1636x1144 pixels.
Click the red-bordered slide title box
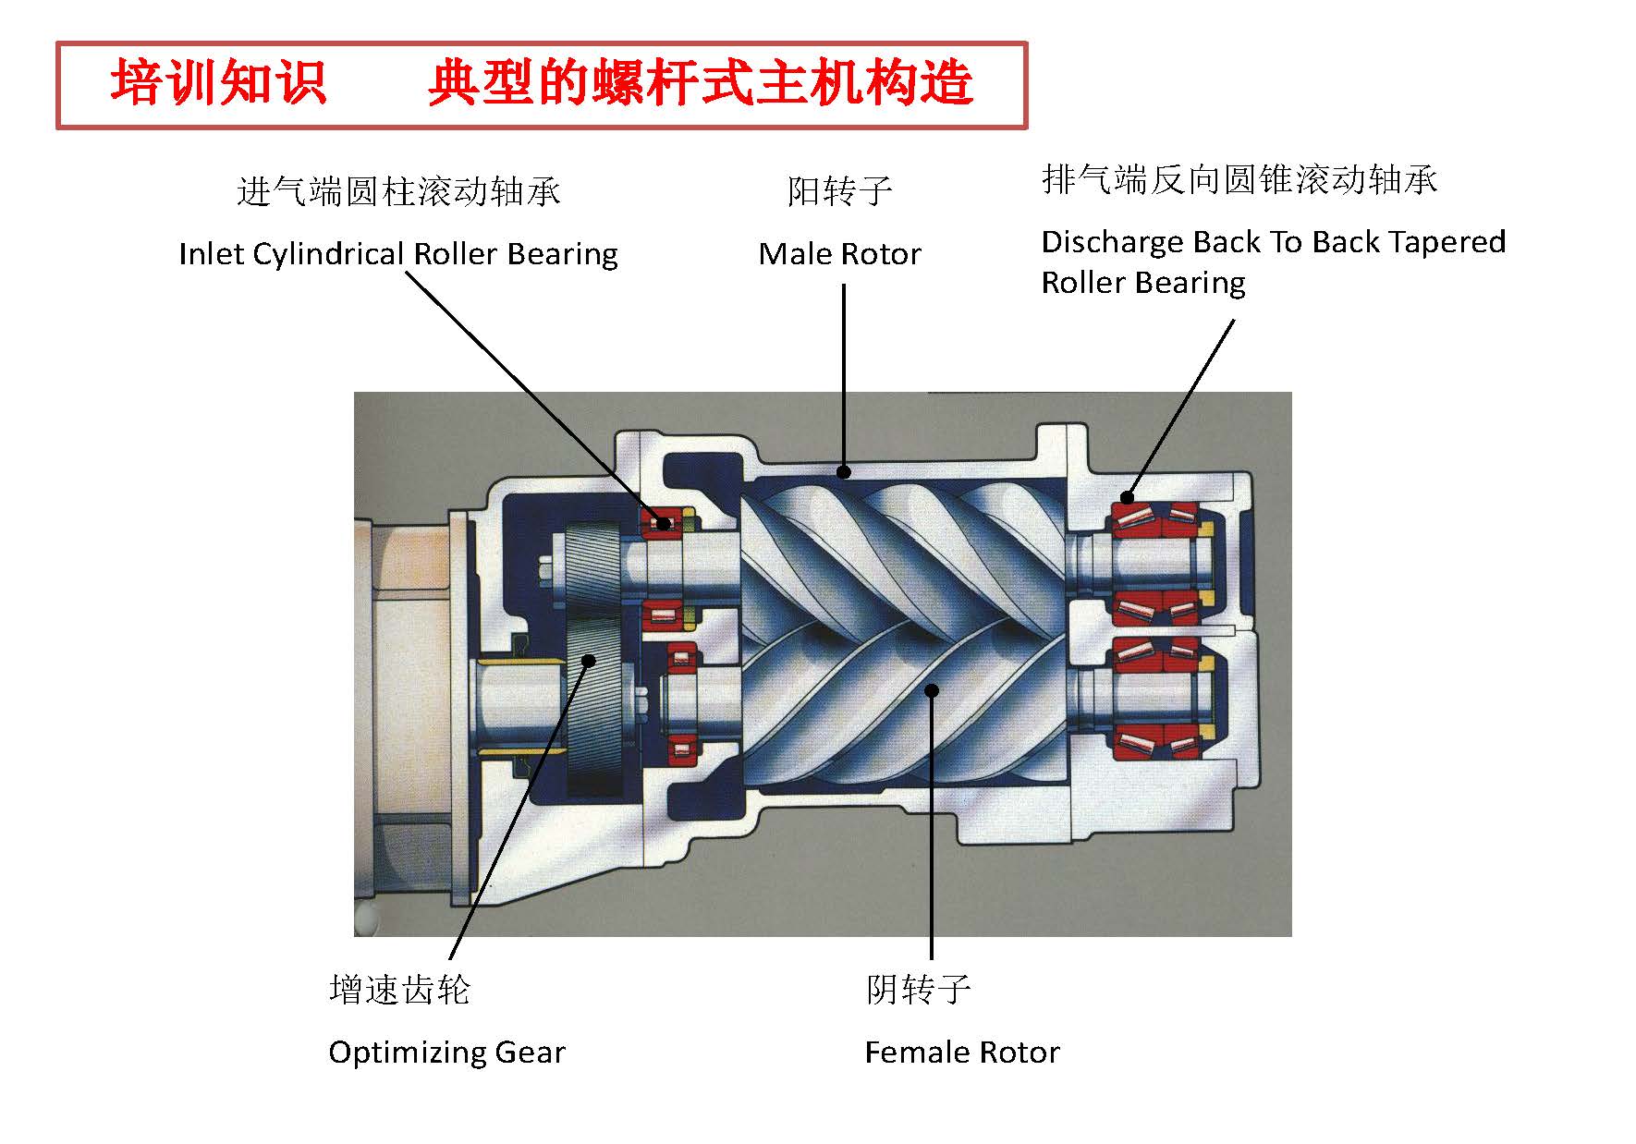pyautogui.click(x=542, y=84)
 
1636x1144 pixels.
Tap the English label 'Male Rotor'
pyautogui.click(x=839, y=254)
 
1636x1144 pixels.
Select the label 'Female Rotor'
pyautogui.click(x=961, y=1053)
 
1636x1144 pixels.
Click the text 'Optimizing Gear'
pyautogui.click(x=446, y=1053)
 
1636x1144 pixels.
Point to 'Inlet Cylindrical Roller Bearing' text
pyautogui.click(x=397, y=254)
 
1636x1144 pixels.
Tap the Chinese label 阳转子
pyautogui.click(x=839, y=191)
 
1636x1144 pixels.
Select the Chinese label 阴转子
pyautogui.click(x=918, y=990)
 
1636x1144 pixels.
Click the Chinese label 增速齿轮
pyautogui.click(x=399, y=990)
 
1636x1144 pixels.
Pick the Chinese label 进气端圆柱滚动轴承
pyautogui.click(x=397, y=191)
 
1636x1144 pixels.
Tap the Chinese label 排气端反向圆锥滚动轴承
pyautogui.click(x=1239, y=179)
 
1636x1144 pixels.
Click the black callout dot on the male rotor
pyautogui.click(x=844, y=472)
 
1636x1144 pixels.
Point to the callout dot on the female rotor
pyautogui.click(x=932, y=690)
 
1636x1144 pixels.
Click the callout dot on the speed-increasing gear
pyautogui.click(x=588, y=659)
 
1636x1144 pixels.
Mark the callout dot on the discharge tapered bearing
pyautogui.click(x=1127, y=497)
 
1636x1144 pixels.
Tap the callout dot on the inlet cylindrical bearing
pyautogui.click(x=663, y=524)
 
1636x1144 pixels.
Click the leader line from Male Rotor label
pyautogui.click(x=844, y=370)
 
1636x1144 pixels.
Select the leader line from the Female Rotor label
pyautogui.click(x=932, y=832)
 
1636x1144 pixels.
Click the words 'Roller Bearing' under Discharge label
pyautogui.click(x=1142, y=283)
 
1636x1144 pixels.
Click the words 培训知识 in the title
pyautogui.click(x=218, y=84)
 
